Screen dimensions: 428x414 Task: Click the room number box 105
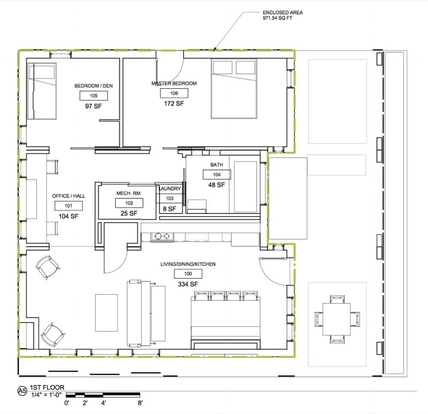[x=94, y=96]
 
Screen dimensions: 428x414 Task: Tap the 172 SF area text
[x=174, y=103]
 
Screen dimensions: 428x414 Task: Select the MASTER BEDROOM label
[x=174, y=83]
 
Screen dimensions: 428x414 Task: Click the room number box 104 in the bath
[x=217, y=175]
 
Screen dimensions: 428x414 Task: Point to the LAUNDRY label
[x=170, y=189]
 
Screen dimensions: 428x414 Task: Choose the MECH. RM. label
[x=129, y=193]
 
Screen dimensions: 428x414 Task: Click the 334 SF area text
[x=188, y=285]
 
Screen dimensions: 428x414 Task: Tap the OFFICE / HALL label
[x=68, y=196]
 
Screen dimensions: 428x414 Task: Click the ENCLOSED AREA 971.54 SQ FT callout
[x=282, y=16]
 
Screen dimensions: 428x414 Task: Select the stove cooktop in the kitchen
[x=163, y=236]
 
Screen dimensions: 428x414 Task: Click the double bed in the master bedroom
[x=234, y=89]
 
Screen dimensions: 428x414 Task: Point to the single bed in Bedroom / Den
[x=42, y=91]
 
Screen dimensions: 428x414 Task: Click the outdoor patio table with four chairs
[x=337, y=319]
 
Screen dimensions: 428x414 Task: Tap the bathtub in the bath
[x=246, y=187]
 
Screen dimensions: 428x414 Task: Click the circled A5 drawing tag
[x=22, y=391]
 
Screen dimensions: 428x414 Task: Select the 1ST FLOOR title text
[x=47, y=387]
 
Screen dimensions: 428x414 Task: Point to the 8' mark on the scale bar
[x=140, y=403]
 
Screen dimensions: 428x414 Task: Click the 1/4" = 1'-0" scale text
[x=47, y=394]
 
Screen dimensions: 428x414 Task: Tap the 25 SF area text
[x=129, y=213]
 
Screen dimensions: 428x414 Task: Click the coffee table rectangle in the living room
[x=106, y=313]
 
